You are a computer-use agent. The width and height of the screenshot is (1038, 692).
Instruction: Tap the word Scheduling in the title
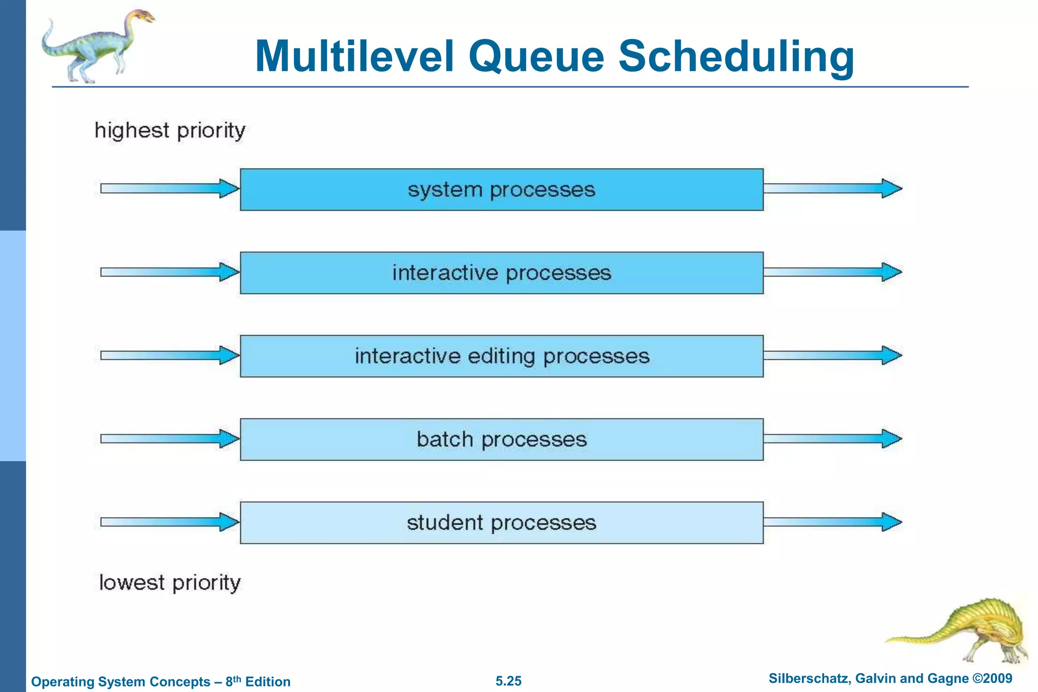tap(736, 57)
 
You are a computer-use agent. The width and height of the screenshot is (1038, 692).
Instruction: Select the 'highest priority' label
tap(170, 131)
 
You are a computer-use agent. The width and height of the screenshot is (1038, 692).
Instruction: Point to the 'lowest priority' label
tap(170, 583)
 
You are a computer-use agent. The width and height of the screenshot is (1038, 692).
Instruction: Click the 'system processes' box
tap(501, 190)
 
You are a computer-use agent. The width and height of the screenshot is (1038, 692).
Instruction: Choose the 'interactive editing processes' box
tap(501, 356)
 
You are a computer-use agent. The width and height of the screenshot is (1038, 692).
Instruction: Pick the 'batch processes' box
tap(501, 439)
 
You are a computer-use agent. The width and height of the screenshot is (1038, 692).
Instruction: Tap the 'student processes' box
tap(501, 523)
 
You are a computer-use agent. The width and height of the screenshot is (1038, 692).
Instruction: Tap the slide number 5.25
tap(508, 681)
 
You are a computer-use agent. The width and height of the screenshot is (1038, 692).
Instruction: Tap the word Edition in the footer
tap(268, 682)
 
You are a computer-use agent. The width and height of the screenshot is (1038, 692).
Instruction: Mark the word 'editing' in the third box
tap(501, 356)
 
